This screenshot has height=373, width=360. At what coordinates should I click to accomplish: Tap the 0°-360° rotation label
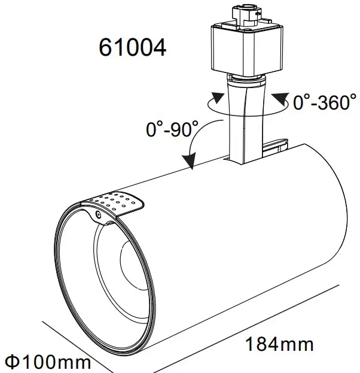pos(324,102)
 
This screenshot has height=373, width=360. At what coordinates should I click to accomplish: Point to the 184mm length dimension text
pos(279,344)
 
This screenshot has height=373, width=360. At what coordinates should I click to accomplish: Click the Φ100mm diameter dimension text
pos(47,362)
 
